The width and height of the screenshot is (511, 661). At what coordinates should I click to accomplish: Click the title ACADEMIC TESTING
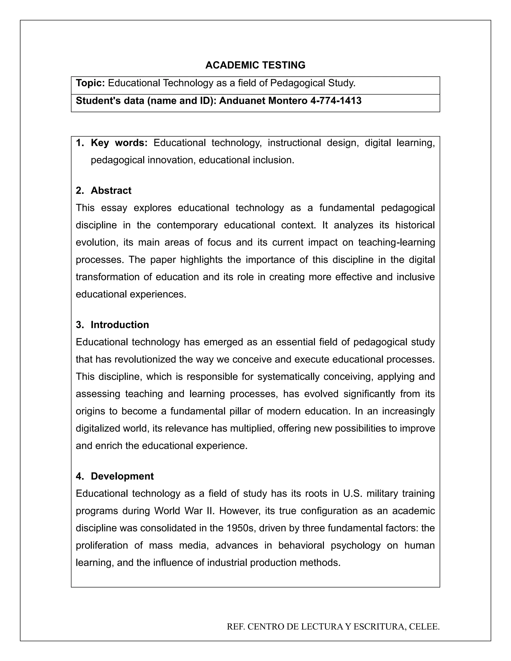(255, 65)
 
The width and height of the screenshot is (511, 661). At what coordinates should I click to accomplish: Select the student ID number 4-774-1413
(336, 101)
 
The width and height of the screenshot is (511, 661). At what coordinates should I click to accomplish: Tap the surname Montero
(288, 101)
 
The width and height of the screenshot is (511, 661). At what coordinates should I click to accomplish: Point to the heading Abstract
(111, 190)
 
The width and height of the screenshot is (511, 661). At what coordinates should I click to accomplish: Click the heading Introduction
(120, 325)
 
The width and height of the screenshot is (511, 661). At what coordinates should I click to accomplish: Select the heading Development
(122, 476)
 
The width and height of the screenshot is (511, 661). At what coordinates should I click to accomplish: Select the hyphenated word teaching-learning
(396, 242)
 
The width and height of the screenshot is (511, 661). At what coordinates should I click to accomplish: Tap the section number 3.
(80, 325)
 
